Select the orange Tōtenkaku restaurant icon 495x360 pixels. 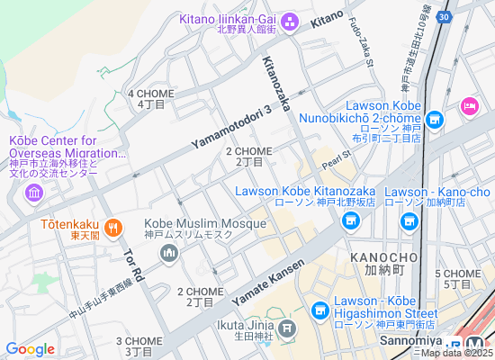click(112, 227)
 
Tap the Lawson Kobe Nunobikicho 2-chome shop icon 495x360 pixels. click(435, 120)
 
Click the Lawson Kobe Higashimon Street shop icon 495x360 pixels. click(319, 310)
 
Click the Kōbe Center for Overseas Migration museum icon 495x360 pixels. click(33, 193)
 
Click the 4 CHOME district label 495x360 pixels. click(150, 94)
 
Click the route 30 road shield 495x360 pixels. click(444, 16)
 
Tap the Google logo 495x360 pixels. click(30, 348)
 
